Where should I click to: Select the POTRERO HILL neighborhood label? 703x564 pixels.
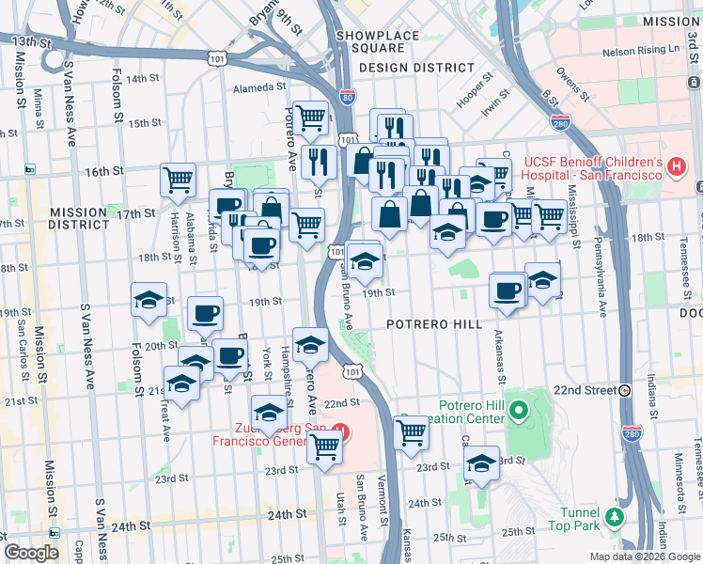(x=434, y=324)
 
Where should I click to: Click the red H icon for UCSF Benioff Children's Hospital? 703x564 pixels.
(x=676, y=167)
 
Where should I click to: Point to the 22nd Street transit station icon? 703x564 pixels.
(x=624, y=390)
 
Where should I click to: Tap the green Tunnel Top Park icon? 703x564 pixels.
(x=614, y=516)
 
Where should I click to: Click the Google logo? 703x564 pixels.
(x=32, y=553)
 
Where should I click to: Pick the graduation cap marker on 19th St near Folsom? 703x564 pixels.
(x=148, y=300)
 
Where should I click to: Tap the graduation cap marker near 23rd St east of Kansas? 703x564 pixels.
(x=482, y=462)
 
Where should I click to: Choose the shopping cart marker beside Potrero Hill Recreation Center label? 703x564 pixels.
(x=411, y=432)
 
